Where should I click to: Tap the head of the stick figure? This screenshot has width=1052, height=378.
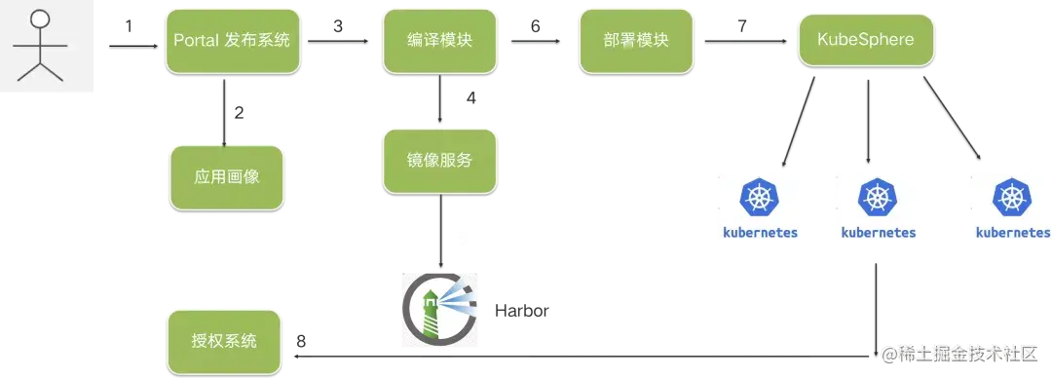click(x=40, y=19)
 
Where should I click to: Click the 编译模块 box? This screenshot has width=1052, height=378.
click(x=439, y=40)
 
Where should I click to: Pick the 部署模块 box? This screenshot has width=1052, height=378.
click(x=637, y=40)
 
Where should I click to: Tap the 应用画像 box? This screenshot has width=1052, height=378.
click(x=226, y=178)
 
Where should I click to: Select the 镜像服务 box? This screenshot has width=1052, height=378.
click(x=439, y=160)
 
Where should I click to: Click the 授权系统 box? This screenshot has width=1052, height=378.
click(x=225, y=341)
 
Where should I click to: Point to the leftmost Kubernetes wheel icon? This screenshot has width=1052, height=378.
click(x=759, y=198)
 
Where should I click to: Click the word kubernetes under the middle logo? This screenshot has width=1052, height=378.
click(x=878, y=233)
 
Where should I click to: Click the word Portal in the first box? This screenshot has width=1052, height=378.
click(x=194, y=40)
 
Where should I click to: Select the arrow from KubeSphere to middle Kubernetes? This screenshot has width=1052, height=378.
click(x=869, y=122)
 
